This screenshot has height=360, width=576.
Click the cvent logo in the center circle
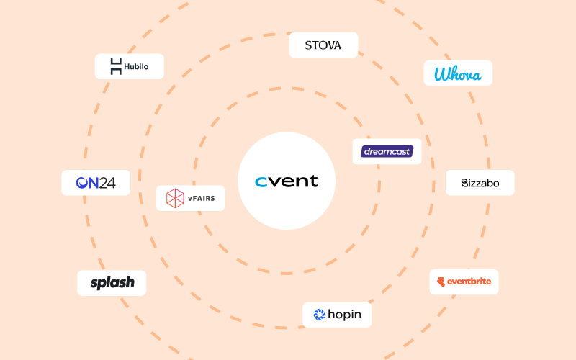point(287,181)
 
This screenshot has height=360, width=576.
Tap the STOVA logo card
point(323,45)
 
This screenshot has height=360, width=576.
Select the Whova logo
point(458,73)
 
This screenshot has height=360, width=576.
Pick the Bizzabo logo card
point(480,184)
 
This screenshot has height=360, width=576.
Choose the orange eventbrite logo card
point(464,282)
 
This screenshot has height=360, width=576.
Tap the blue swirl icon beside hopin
point(319,315)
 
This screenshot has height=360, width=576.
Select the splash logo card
point(112,283)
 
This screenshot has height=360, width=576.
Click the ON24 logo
point(96,183)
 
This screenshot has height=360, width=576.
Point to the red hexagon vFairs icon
point(175,198)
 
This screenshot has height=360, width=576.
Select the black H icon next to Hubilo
point(116,67)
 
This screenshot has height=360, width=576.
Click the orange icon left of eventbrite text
point(441,282)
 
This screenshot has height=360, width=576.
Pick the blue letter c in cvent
point(261,182)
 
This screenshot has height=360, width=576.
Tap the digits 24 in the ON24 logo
point(107,183)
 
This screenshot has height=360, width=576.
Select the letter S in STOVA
point(308,45)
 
